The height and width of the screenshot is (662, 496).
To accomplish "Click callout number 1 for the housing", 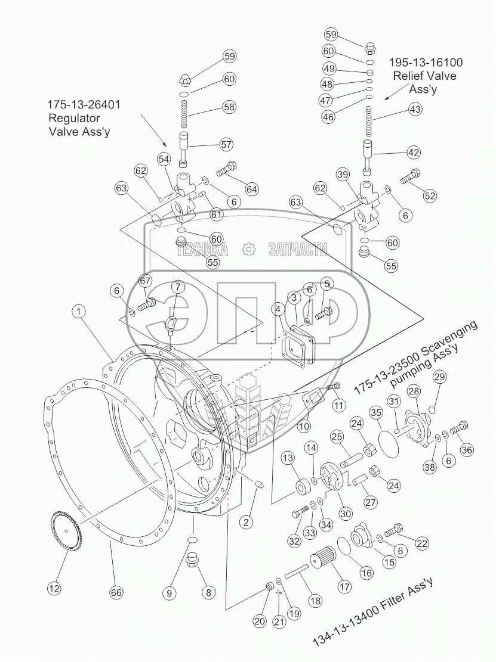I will (x=79, y=310).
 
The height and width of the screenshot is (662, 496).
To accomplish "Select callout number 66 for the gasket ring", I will (x=116, y=592).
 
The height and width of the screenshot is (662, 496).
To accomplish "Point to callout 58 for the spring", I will (x=229, y=107).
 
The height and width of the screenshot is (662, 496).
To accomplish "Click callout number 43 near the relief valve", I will (x=415, y=110).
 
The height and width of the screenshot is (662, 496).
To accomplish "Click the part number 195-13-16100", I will (x=426, y=62).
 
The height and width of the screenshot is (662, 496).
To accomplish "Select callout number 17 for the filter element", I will (x=344, y=586).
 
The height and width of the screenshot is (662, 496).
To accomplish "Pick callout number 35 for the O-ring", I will (x=375, y=412).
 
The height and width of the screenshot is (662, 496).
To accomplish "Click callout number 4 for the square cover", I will (x=279, y=309).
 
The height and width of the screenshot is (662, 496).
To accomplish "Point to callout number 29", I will (x=439, y=377).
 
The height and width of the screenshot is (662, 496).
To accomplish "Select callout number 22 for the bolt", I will (x=422, y=543).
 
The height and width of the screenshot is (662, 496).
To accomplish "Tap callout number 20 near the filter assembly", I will (x=259, y=620).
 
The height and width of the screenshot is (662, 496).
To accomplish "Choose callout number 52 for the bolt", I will (x=430, y=195).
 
